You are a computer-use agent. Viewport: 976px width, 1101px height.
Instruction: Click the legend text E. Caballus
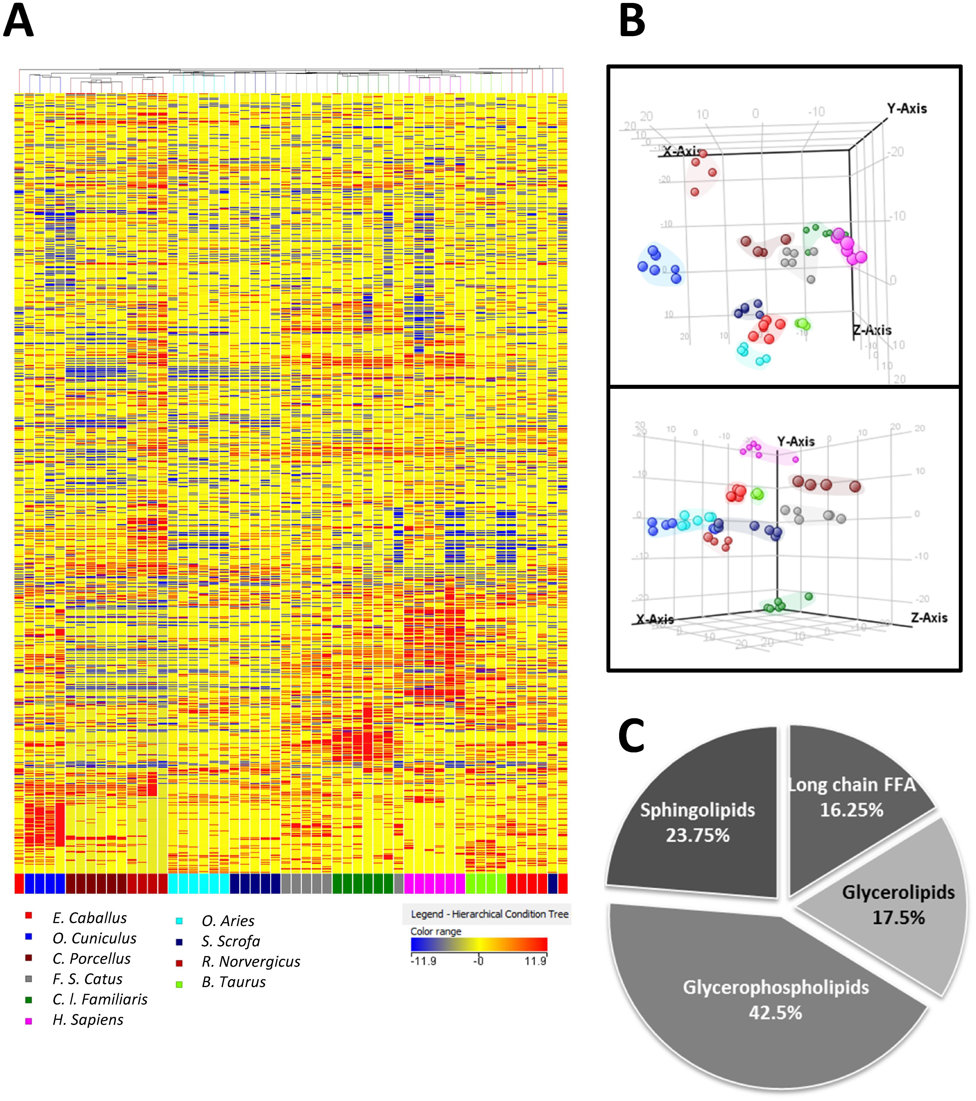click(90, 918)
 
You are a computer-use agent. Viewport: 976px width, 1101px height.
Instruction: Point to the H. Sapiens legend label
click(88, 1020)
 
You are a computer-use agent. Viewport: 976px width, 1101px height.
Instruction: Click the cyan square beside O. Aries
click(179, 921)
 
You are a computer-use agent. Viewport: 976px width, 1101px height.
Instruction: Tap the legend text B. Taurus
click(234, 982)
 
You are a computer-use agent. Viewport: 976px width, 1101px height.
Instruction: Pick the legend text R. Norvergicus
click(251, 962)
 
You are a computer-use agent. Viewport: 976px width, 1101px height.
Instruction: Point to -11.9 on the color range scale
click(423, 961)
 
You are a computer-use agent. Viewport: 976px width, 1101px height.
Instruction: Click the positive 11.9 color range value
click(535, 961)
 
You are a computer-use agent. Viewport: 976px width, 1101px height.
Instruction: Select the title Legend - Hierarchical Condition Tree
click(489, 914)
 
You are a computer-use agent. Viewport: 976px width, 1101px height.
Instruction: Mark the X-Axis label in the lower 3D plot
click(654, 619)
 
